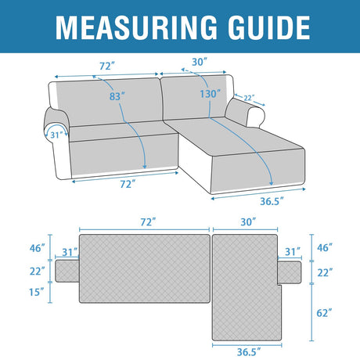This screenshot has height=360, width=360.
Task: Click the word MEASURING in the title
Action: point(136,27)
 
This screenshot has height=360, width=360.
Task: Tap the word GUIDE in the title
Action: point(268,27)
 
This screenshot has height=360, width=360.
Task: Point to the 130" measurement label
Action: point(211,94)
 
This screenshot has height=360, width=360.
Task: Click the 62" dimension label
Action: point(324,312)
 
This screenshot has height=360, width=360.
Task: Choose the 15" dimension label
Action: point(37,292)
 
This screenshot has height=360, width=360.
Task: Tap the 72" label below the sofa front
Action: point(128,184)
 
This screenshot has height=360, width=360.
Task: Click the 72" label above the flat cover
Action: point(148,222)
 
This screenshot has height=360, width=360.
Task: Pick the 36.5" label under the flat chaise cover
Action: point(249,352)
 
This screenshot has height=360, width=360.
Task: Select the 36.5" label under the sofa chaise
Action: point(272,201)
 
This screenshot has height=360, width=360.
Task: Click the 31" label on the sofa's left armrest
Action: point(57,135)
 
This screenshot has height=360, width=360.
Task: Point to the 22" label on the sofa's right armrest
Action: point(249,98)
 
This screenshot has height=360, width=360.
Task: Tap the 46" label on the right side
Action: point(325,247)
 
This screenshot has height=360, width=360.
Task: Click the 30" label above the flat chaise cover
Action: point(248,222)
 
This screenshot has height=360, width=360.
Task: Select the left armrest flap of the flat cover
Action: point(67,271)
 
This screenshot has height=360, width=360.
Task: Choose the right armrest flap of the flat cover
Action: point(290,272)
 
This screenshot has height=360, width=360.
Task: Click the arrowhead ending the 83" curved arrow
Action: point(145,167)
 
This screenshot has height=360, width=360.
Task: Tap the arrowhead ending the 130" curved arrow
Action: point(272,184)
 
